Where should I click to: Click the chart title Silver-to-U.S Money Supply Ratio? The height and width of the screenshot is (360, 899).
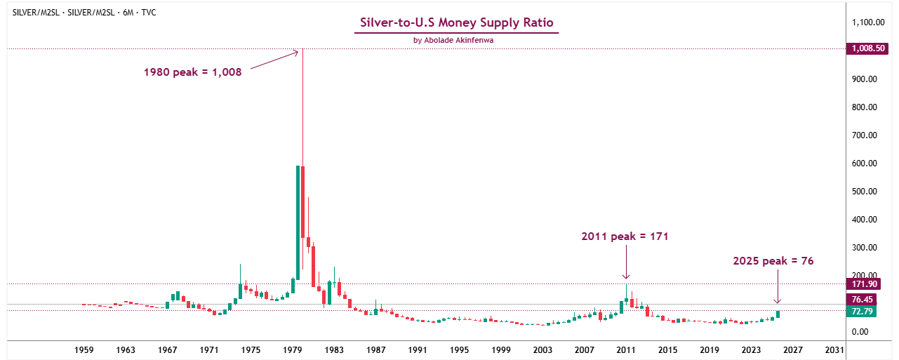[456, 22]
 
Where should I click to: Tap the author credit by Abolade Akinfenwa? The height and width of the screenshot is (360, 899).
[456, 41]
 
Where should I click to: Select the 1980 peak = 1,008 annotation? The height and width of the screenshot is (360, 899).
[192, 72]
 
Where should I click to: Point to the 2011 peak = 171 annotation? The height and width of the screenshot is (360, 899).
[625, 236]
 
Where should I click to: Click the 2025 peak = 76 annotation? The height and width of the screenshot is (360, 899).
[773, 261]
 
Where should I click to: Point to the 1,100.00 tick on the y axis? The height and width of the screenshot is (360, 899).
[869, 22]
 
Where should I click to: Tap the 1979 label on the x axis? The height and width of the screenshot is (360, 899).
[293, 349]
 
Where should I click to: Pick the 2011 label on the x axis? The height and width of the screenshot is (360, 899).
[626, 349]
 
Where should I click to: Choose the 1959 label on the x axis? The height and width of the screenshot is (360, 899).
[84, 349]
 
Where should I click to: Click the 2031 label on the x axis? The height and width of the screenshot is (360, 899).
[834, 349]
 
